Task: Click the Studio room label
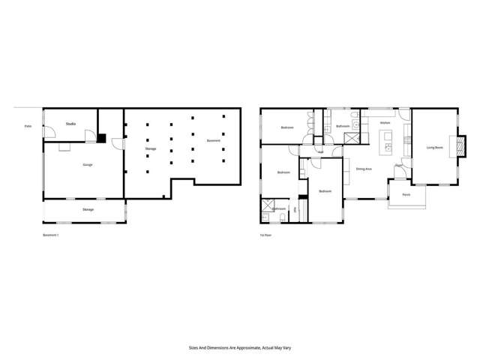pyautogui.click(x=70, y=123)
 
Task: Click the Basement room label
pyautogui.click(x=213, y=141)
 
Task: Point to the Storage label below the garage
pyautogui.click(x=88, y=209)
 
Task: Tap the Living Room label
pyautogui.click(x=435, y=148)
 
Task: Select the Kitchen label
pyautogui.click(x=385, y=122)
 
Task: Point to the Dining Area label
pyautogui.click(x=364, y=169)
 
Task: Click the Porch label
pyautogui.click(x=406, y=194)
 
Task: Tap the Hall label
pyautogui.click(x=321, y=152)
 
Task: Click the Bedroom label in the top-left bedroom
pyautogui.click(x=287, y=127)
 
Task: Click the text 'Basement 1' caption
pyautogui.click(x=51, y=235)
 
